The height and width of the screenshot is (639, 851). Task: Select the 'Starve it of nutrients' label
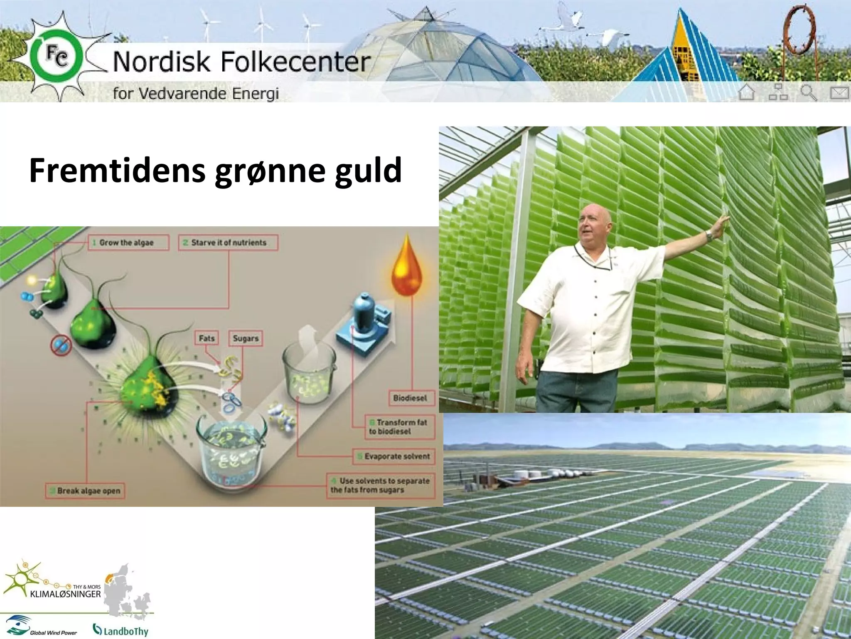click(x=229, y=243)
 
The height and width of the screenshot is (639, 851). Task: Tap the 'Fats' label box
click(x=207, y=338)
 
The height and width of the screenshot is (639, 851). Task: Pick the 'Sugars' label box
click(x=246, y=338)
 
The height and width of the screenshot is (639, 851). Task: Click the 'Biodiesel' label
click(x=410, y=398)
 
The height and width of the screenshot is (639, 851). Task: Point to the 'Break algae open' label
click(x=85, y=491)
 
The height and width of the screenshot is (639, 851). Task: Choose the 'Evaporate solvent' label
click(x=394, y=456)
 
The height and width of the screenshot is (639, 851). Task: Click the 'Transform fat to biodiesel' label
click(x=399, y=427)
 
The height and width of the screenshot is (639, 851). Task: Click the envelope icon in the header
click(x=839, y=92)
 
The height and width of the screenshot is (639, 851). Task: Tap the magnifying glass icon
click(x=808, y=92)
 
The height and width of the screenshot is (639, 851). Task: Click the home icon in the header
click(x=747, y=92)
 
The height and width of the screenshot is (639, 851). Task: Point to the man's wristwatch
click(x=710, y=236)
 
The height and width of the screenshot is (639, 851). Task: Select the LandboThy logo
click(x=121, y=630)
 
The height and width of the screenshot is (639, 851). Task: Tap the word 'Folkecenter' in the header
click(x=295, y=62)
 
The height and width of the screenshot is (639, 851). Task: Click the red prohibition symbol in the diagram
click(x=61, y=346)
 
